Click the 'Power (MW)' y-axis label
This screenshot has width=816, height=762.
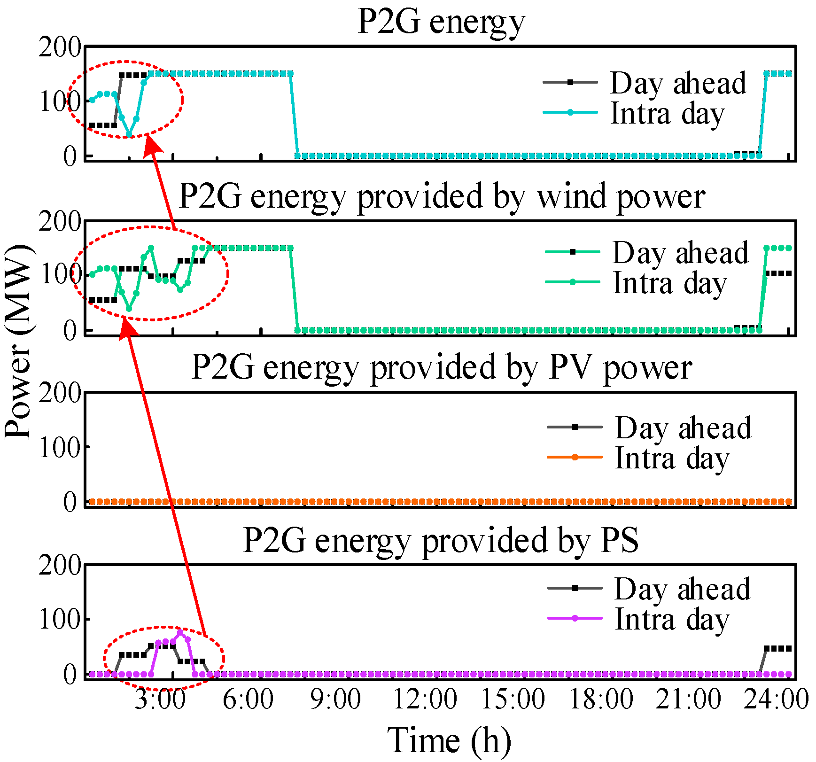coord(19,342)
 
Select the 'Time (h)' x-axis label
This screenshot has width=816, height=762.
coord(449,740)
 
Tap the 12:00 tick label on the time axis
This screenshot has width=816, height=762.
coord(425,699)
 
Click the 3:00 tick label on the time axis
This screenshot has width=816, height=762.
coord(160,699)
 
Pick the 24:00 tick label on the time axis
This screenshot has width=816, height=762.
coord(776,699)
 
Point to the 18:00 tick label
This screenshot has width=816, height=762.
coord(601,699)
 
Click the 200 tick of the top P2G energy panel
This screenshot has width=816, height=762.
coord(60,47)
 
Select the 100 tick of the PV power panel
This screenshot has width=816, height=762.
coord(60,447)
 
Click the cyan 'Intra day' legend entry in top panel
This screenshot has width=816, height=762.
coord(667,113)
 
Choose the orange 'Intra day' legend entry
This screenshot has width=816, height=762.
coord(672,458)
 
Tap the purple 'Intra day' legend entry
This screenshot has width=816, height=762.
coord(672,619)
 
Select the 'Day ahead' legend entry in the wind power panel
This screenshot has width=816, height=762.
coord(680,253)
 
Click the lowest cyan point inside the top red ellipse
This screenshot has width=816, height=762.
coord(129,135)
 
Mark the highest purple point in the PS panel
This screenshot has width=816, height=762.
coord(180,632)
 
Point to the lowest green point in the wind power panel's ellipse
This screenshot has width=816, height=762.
coord(129,309)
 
